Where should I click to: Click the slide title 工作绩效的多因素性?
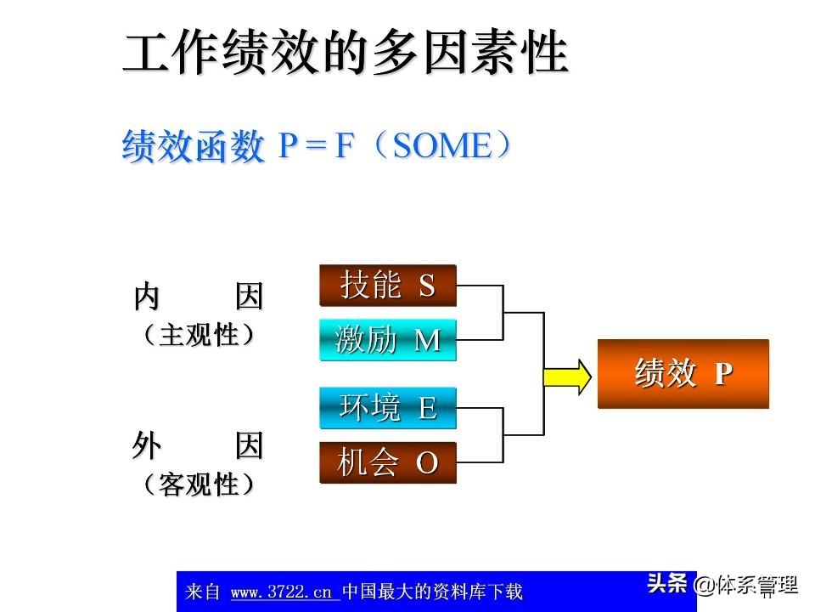(346, 54)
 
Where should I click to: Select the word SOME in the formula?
(442, 147)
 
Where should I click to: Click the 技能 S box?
(388, 286)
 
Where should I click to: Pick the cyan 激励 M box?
(388, 341)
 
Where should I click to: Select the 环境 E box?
(388, 409)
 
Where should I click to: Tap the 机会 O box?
(388, 463)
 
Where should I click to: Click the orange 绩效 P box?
(683, 374)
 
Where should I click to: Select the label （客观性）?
(199, 485)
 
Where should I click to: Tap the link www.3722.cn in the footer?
(282, 592)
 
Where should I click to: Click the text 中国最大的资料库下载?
(432, 592)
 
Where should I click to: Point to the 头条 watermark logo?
(666, 584)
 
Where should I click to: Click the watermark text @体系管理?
(746, 585)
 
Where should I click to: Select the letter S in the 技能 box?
(427, 286)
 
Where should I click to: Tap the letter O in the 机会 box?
(427, 464)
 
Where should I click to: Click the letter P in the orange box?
(722, 375)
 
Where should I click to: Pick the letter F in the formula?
(345, 147)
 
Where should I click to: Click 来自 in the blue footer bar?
(202, 592)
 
